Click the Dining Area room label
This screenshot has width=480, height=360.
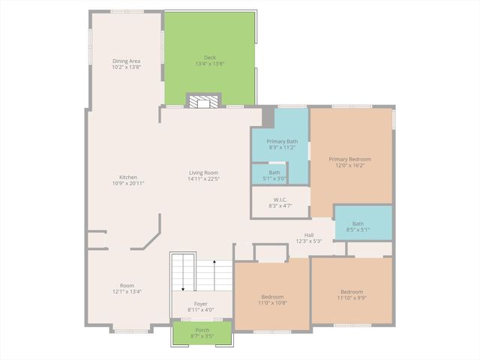coord(127,61)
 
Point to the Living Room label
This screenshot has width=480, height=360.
coord(203,173)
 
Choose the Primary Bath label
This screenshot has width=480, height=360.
coord(282,142)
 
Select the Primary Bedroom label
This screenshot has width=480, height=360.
coord(350,159)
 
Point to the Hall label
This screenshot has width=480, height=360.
coord(308,235)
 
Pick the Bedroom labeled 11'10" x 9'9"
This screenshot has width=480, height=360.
coord(351,292)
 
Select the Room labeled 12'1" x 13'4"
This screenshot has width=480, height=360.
coord(127,286)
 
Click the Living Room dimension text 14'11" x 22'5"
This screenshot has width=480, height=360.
coord(203,179)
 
